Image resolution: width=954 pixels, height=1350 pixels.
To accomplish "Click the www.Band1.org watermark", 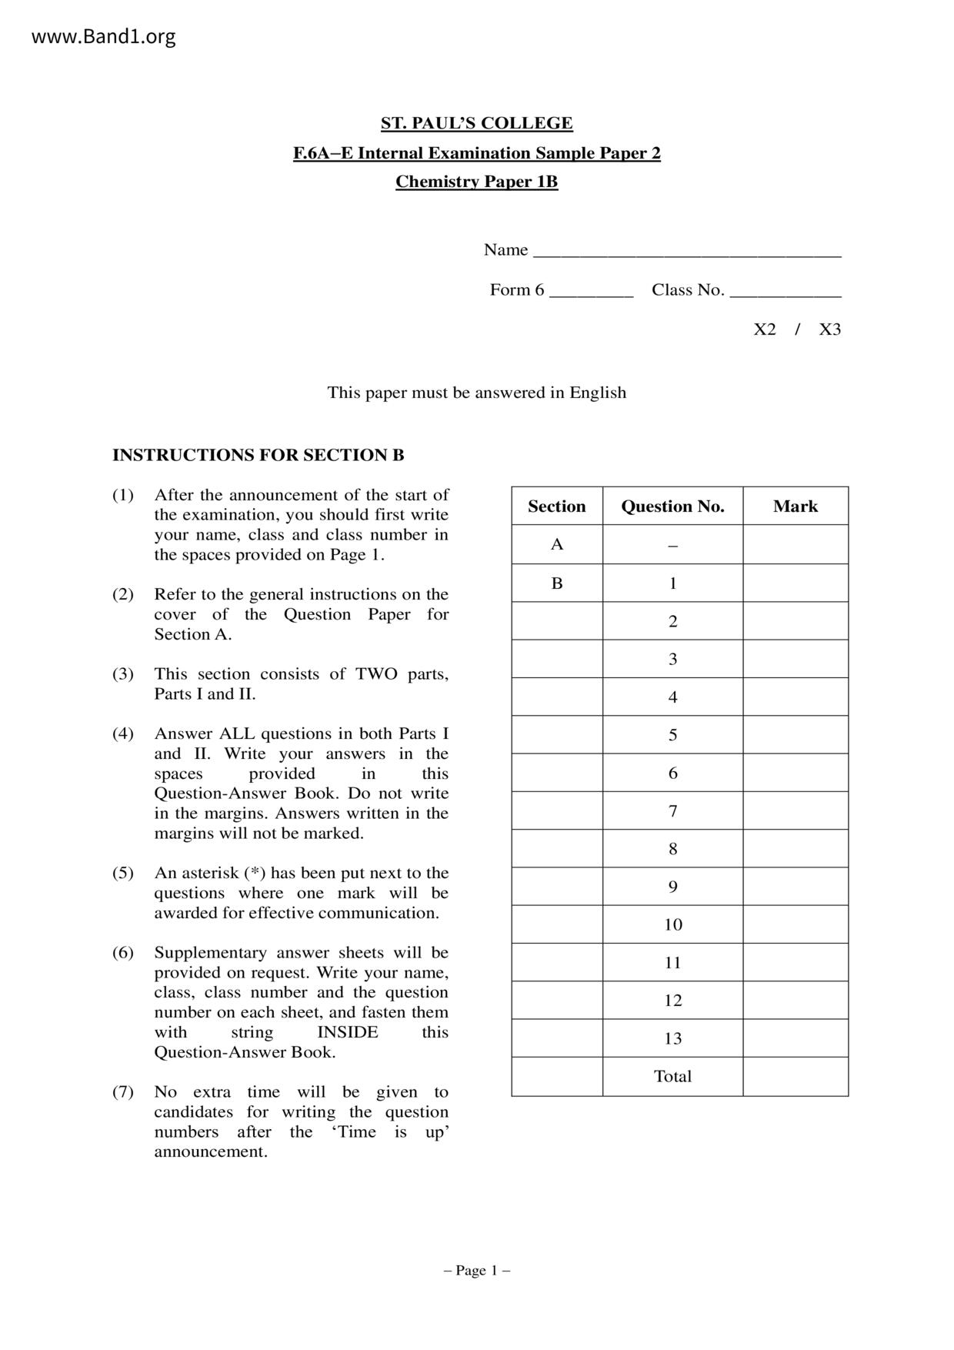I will tap(103, 36).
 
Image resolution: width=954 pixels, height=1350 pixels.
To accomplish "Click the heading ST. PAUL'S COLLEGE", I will tap(476, 123).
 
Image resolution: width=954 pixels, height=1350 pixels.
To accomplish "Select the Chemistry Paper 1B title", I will tap(476, 182).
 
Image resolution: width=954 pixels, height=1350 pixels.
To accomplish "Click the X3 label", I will tap(829, 329).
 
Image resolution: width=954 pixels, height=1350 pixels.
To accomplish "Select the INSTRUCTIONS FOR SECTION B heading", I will tap(258, 455).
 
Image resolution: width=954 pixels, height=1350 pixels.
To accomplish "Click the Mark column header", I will tap(795, 506).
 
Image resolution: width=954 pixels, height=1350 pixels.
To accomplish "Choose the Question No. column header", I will tap(672, 506).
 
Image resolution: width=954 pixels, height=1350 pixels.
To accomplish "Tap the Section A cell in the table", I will tap(557, 544).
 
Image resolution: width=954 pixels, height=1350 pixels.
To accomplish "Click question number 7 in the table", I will tap(672, 810).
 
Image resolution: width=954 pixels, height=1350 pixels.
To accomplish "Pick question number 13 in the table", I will tap(672, 1038).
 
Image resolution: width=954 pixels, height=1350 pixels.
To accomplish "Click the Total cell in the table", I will tap(672, 1076).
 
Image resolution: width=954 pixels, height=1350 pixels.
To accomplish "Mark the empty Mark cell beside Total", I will tap(795, 1076).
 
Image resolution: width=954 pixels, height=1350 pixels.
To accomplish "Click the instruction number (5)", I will tap(123, 873).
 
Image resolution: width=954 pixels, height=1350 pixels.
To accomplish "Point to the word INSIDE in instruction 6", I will tap(347, 1032).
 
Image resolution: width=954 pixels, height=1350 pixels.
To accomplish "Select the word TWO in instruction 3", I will tap(376, 674).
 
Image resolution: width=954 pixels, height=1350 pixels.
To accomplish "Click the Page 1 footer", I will tap(476, 1270).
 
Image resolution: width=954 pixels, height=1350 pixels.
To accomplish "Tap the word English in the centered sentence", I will tap(598, 393).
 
